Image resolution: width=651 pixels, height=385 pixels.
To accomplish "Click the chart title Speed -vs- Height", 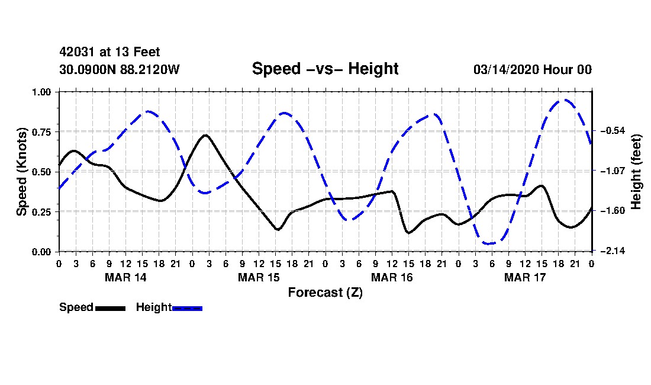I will pos(325,69).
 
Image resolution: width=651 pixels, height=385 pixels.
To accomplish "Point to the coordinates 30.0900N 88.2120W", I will pos(120,70).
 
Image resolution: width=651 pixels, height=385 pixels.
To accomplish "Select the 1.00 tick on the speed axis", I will pos(43,92).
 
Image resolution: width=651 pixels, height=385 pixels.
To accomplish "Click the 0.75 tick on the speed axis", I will pos(43,131).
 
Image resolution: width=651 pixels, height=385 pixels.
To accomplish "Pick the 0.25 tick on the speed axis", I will pos(43,211).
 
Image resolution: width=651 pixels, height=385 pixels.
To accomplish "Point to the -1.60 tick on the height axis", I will pos(611,211).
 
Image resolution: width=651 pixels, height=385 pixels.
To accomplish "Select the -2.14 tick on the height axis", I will pos(611,252).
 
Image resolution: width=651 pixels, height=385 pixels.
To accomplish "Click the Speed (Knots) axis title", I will pos(22,172).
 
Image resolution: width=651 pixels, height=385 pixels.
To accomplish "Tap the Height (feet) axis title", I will pos(637,172).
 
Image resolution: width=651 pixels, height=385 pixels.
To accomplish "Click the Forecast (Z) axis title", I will pos(325,293).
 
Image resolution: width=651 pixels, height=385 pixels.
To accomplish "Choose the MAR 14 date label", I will pos(125,277).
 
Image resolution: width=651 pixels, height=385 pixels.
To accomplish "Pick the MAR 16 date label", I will pos(391,277).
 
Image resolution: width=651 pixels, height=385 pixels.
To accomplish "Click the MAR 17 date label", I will pos(524,277).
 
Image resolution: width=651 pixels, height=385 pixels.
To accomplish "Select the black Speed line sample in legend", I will pos(110,308).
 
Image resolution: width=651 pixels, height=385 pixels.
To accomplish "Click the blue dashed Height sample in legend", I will pos(187,308).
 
